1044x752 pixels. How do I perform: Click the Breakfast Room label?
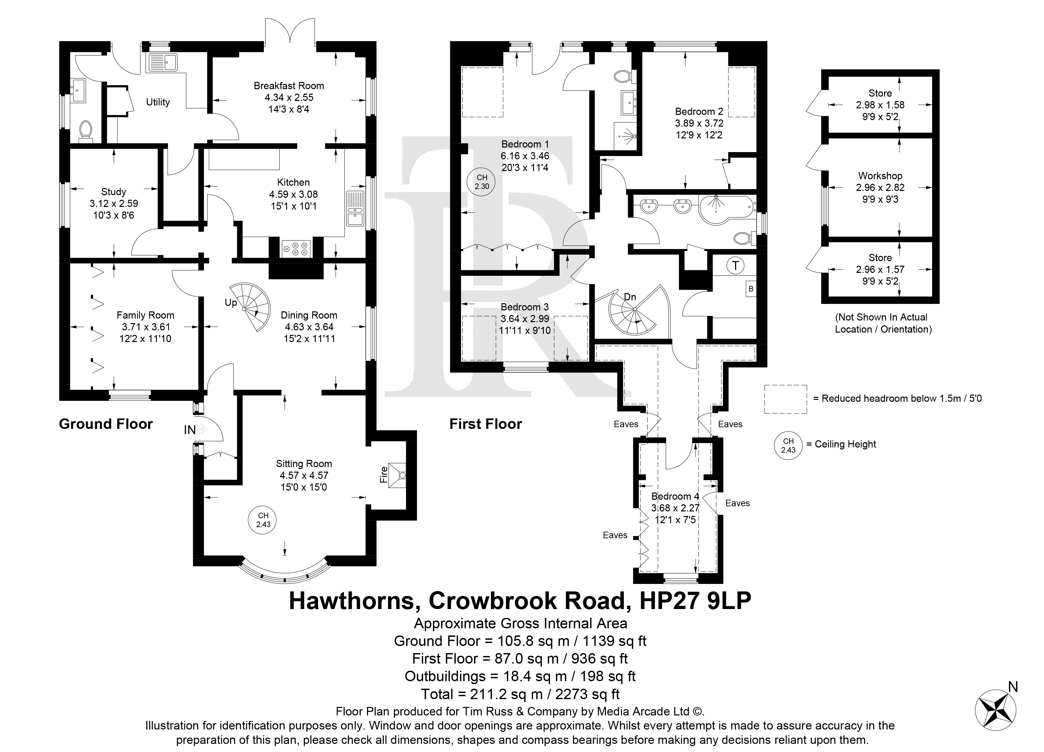[x=289, y=86]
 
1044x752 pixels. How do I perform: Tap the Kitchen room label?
[x=293, y=182]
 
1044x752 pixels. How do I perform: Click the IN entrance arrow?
[x=203, y=429]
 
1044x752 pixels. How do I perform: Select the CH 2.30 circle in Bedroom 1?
[x=482, y=182]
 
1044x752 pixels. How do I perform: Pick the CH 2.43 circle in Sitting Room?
[x=263, y=520]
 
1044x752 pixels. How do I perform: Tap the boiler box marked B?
[x=751, y=289]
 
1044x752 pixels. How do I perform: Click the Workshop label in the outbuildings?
[x=880, y=176]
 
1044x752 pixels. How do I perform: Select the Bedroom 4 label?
[x=675, y=496]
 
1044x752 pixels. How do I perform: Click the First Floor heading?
[x=486, y=424]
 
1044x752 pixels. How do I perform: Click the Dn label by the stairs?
[x=630, y=297]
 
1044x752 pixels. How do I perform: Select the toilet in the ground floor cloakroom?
[x=85, y=129]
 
